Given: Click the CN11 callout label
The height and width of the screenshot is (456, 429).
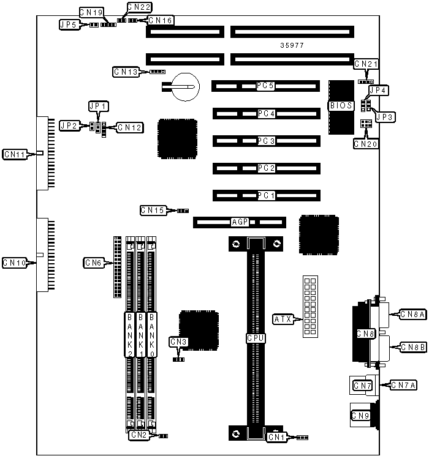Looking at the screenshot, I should click(14, 154).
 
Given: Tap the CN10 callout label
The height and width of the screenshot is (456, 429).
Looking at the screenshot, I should click(14, 263).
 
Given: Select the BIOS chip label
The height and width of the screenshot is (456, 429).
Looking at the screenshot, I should click(341, 106).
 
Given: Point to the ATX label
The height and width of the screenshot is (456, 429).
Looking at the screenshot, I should click(283, 319).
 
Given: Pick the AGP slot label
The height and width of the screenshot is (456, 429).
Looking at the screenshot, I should click(239, 222).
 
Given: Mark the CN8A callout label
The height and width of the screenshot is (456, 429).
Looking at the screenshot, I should click(412, 314).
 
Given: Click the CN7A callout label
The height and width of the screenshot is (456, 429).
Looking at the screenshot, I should click(404, 385).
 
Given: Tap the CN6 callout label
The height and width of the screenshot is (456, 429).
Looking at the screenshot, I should click(93, 263).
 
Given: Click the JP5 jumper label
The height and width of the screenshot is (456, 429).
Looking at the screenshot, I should click(68, 24).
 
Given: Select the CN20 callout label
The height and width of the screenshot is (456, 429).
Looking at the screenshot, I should click(366, 144).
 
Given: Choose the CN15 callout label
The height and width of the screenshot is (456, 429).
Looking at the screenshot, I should click(153, 211).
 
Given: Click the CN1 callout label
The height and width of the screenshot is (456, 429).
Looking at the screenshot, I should click(276, 437).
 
